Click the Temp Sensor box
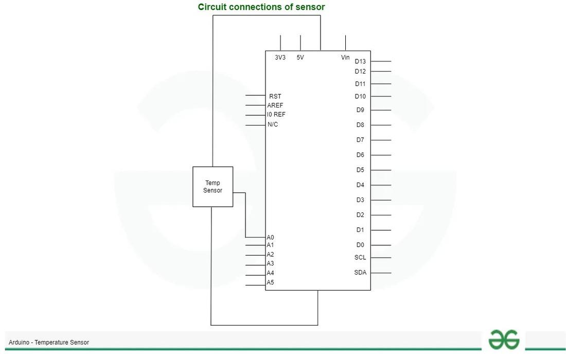point(213,187)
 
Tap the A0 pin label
point(270,238)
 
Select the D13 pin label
point(360,61)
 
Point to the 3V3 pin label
point(280,58)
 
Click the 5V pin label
point(300,58)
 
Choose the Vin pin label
point(345,58)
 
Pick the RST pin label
point(275,96)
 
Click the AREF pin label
point(275,105)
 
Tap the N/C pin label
point(273,124)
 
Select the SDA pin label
point(360,273)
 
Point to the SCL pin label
point(360,257)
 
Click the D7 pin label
point(360,139)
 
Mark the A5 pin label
point(270,282)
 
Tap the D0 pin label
point(360,245)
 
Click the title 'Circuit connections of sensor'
point(261,7)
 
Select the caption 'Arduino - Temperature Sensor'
point(49,343)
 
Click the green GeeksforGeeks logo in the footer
point(504,339)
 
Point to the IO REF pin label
point(276,114)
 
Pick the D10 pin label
point(360,96)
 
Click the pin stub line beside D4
point(381,185)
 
